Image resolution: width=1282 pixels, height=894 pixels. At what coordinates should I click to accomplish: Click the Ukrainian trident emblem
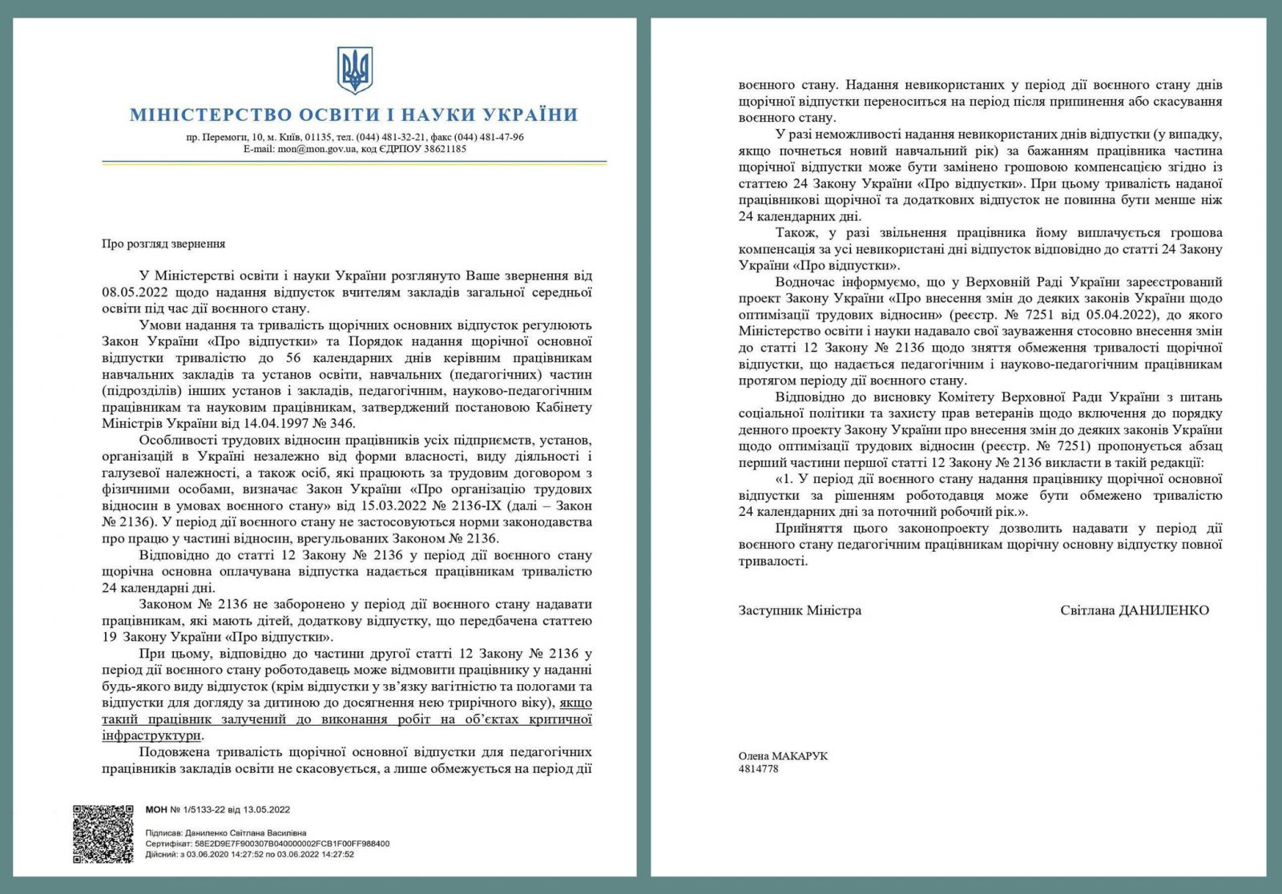tap(354, 70)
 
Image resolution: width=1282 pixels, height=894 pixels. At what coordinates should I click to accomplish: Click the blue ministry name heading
tap(353, 115)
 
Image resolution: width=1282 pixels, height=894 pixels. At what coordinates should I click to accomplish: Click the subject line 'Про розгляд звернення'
tap(163, 244)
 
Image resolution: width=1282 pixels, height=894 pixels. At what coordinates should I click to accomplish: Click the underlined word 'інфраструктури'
tap(151, 735)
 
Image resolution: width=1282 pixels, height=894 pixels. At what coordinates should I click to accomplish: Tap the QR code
tap(103, 834)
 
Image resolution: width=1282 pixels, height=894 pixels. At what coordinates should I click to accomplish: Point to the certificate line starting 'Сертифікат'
tap(267, 844)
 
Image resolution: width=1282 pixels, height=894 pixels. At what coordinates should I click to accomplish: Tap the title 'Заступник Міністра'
tap(800, 610)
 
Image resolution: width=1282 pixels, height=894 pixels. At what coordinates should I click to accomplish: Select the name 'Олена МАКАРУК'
tap(783, 756)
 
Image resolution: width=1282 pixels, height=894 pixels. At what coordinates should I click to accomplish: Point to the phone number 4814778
tap(758, 769)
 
